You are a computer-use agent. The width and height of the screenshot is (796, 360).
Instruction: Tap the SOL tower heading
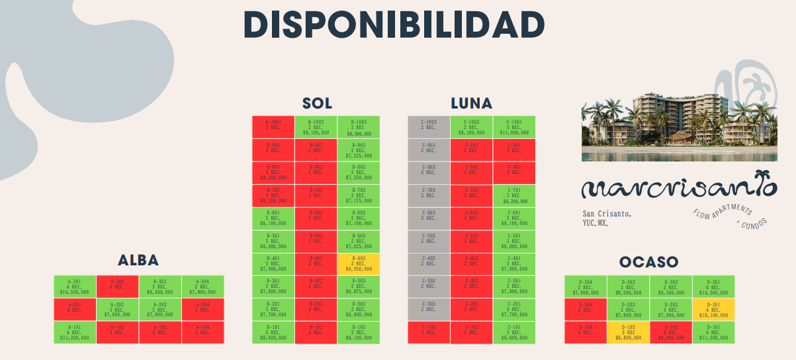[x=317, y=104]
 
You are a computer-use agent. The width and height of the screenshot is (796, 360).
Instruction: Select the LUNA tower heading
[x=471, y=104]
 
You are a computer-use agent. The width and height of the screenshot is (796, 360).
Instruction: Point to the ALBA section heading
[x=138, y=260]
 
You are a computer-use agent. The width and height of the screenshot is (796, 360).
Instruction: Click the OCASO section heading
[x=648, y=262]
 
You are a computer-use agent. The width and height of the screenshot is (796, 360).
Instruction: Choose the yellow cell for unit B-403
[x=359, y=264]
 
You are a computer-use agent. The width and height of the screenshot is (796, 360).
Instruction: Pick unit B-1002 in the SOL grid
[x=316, y=127]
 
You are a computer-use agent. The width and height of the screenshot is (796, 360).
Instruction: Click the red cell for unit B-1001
[x=273, y=127]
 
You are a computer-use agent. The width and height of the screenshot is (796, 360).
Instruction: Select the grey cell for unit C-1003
[x=429, y=127]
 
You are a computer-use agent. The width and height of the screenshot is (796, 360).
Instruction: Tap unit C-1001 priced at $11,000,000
[x=514, y=127]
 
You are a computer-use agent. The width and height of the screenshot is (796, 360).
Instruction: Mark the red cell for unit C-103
[x=429, y=332]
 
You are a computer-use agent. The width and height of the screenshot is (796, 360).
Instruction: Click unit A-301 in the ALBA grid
[x=75, y=287]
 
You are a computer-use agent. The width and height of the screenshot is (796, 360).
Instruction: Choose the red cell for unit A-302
[x=117, y=287]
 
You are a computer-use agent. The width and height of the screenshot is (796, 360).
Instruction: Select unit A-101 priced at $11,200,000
[x=75, y=332]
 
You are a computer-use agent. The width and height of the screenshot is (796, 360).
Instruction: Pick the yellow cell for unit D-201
[x=713, y=310]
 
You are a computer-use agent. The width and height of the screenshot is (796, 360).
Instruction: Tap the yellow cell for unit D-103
[x=628, y=332]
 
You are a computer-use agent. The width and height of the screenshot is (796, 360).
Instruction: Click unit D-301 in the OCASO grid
[x=713, y=287]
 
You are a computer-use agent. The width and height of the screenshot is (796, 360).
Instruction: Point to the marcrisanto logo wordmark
[x=678, y=188]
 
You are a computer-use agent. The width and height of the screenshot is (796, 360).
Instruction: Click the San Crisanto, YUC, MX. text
[x=607, y=218]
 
